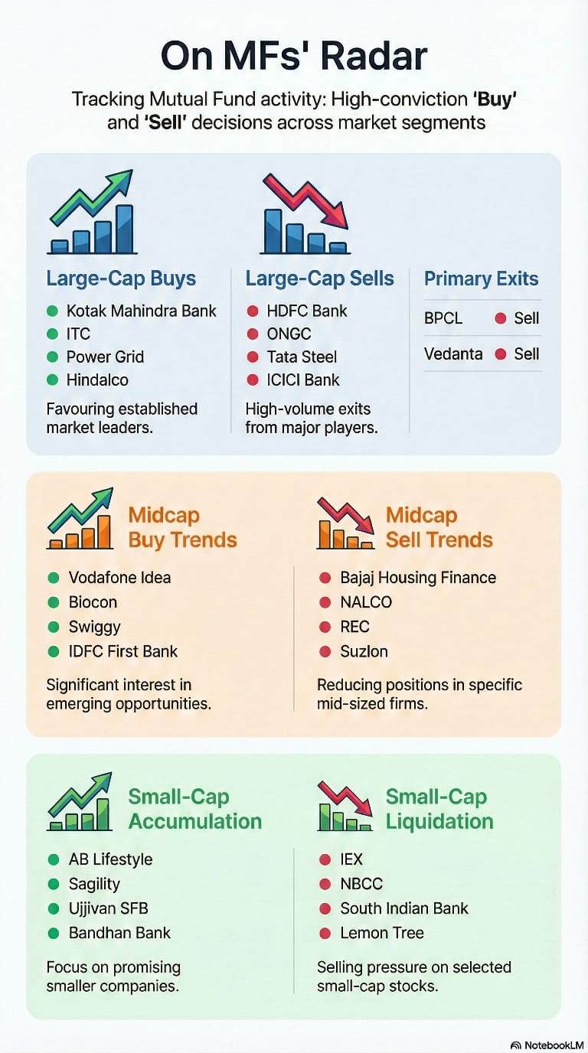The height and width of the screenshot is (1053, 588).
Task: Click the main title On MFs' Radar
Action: [294, 57]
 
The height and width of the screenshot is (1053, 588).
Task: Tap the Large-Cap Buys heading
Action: [121, 279]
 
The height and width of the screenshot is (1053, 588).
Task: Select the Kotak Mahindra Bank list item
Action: [142, 311]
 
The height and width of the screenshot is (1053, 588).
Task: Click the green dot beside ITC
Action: [52, 334]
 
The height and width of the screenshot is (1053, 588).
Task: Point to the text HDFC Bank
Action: [307, 311]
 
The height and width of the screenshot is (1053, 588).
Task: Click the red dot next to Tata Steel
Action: [252, 357]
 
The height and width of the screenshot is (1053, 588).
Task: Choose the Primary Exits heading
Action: [482, 279]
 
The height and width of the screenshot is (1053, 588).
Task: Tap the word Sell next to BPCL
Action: [527, 318]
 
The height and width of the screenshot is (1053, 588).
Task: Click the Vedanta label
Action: [453, 354]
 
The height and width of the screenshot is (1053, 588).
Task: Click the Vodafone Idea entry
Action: [119, 578]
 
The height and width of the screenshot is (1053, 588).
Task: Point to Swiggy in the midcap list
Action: [95, 627]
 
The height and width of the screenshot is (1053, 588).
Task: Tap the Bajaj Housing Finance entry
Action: [418, 578]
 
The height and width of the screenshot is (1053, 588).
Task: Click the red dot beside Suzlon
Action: [325, 651]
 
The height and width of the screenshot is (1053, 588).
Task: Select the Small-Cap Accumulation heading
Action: [194, 809]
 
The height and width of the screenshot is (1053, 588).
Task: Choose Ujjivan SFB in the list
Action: [108, 908]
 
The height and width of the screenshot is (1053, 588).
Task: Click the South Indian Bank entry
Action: [404, 908]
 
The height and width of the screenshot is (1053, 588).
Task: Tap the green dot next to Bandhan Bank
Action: [53, 933]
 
